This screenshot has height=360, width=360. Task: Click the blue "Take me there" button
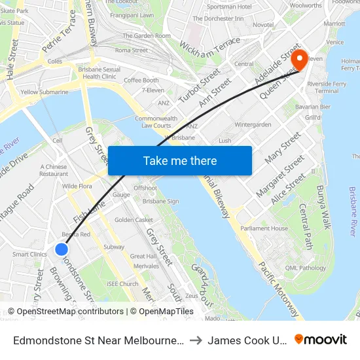(x=180, y=160)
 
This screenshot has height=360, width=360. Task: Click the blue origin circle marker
(x=62, y=249)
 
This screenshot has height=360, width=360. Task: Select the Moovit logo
(x=320, y=340)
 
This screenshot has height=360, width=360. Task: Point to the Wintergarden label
(x=252, y=124)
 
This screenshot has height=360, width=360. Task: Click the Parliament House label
(x=264, y=228)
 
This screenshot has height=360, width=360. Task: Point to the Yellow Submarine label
(x=45, y=92)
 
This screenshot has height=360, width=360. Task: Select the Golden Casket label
(x=134, y=220)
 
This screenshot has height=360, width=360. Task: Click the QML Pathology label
(x=301, y=268)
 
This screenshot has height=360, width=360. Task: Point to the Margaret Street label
(x=279, y=179)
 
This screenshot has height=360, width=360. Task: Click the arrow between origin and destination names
(x=196, y=340)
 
